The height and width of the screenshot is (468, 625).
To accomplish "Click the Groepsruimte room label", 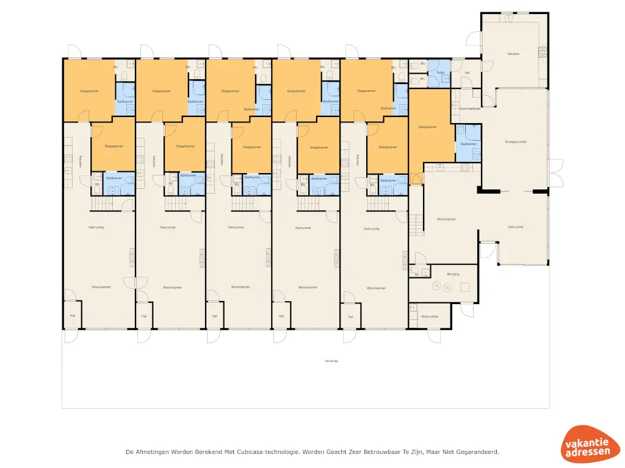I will [x=516, y=141].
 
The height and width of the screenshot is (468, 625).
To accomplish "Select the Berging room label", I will [x=453, y=274].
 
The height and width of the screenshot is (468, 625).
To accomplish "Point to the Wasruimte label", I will [x=430, y=316].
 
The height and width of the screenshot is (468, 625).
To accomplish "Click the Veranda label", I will [x=331, y=361].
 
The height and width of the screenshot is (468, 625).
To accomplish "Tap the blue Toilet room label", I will [x=439, y=72].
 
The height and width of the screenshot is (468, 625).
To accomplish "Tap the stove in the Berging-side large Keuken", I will [x=542, y=52].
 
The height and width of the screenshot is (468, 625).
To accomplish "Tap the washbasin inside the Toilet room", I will [x=444, y=78].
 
